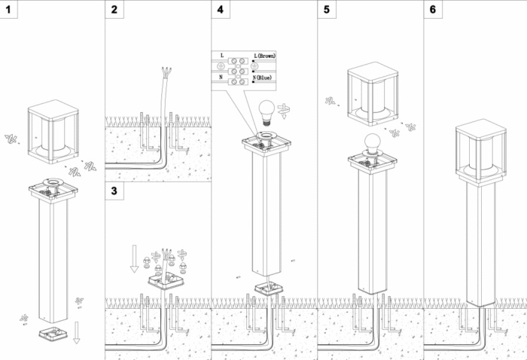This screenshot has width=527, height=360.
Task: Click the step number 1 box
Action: pyautogui.click(x=8, y=9)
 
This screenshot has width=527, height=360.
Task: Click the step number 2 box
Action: pyautogui.click(x=114, y=9)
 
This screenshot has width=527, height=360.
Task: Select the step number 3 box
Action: pyautogui.click(x=114, y=191)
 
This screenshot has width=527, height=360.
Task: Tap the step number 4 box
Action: pyautogui.click(x=220, y=9)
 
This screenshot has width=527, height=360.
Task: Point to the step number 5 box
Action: pyautogui.click(x=325, y=9)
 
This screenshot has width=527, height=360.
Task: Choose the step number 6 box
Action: pyautogui.click(x=432, y=9)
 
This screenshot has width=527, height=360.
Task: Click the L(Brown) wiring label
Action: pyautogui.click(x=266, y=56)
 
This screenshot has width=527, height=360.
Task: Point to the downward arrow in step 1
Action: pyautogui.click(x=77, y=332)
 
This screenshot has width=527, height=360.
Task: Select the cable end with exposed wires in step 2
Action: pyautogui.click(x=165, y=73)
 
